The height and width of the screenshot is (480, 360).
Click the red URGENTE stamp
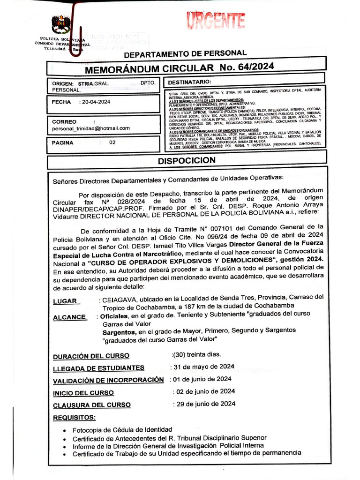click(x=216, y=21)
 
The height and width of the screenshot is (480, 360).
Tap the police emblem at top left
click(x=61, y=24)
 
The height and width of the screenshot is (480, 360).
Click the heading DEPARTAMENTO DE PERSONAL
click(x=185, y=53)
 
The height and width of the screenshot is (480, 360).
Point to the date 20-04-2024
click(x=96, y=102)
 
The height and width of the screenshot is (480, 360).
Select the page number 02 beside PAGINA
click(x=112, y=143)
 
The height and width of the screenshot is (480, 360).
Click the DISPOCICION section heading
click(x=187, y=160)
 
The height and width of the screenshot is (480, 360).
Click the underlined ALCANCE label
click(x=70, y=317)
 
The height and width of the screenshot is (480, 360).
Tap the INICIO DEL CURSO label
click(x=83, y=393)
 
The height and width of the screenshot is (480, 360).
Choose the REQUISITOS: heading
click(x=74, y=417)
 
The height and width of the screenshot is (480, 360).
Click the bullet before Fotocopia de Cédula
click(x=64, y=430)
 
